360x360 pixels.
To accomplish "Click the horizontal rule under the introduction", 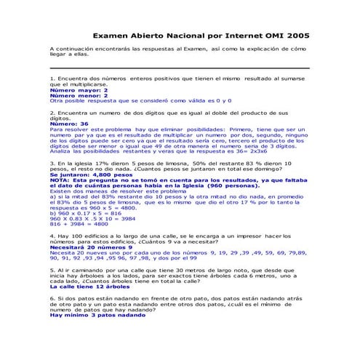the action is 180,68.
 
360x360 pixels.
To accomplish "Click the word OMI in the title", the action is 265,35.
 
